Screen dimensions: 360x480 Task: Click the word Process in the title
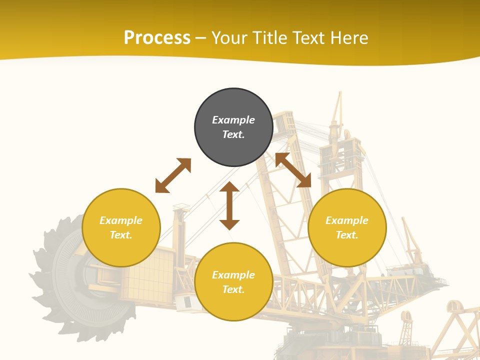click(157, 38)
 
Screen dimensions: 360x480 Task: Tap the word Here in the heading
click(349, 38)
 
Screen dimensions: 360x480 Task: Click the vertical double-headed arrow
click(229, 205)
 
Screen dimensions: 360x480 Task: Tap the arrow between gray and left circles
click(173, 175)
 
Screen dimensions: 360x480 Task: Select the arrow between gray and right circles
click(293, 170)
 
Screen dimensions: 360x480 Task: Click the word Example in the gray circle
click(233, 120)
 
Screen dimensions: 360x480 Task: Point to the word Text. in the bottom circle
click(233, 289)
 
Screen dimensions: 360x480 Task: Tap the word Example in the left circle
click(121, 220)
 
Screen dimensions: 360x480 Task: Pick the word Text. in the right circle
click(347, 235)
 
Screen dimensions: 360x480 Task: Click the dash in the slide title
click(201, 38)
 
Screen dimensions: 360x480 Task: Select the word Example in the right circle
click(347, 220)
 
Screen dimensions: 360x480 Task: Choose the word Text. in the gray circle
click(233, 134)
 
